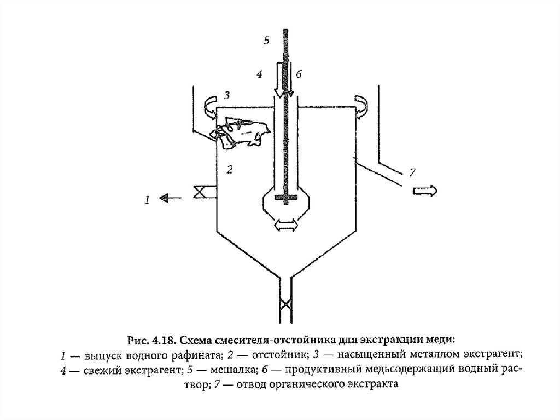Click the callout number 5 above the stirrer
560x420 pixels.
coord(266,41)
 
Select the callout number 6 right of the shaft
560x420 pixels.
coord(298,73)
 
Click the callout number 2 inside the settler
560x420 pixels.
coord(230,170)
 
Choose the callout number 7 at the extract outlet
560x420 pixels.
coord(412,172)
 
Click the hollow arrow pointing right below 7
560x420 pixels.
coord(424,191)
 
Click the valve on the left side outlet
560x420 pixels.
coord(199,192)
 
